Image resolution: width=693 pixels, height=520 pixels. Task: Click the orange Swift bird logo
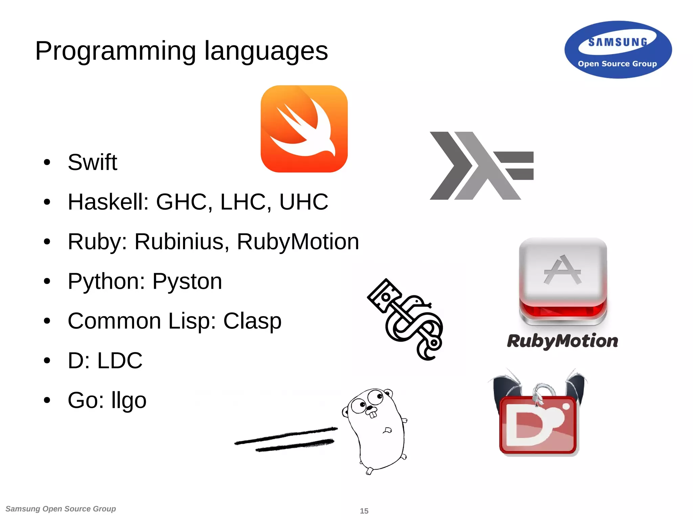click(x=304, y=129)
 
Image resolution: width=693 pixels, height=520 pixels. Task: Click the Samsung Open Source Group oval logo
click(x=618, y=50)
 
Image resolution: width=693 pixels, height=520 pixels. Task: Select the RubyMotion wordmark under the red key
click(x=562, y=341)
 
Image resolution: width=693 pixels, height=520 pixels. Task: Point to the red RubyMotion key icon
click(x=563, y=281)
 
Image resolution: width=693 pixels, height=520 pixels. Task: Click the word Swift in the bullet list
click(x=92, y=162)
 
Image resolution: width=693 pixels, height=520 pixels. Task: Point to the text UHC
click(x=304, y=202)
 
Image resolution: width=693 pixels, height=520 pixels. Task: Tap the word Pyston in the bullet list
click(x=187, y=281)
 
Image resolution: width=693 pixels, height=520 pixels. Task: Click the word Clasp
click(x=252, y=321)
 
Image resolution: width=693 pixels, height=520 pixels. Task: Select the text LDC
click(x=120, y=361)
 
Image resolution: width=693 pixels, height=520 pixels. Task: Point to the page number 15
click(x=364, y=511)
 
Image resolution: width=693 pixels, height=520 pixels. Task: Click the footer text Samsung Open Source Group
click(x=61, y=509)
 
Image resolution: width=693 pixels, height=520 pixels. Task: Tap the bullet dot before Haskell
click(x=47, y=202)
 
